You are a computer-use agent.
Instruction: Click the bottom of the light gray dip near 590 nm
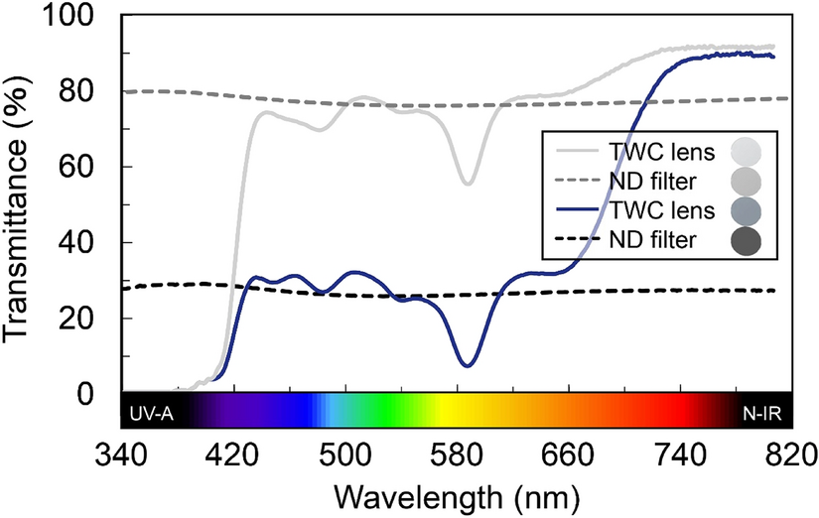click(x=468, y=183)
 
